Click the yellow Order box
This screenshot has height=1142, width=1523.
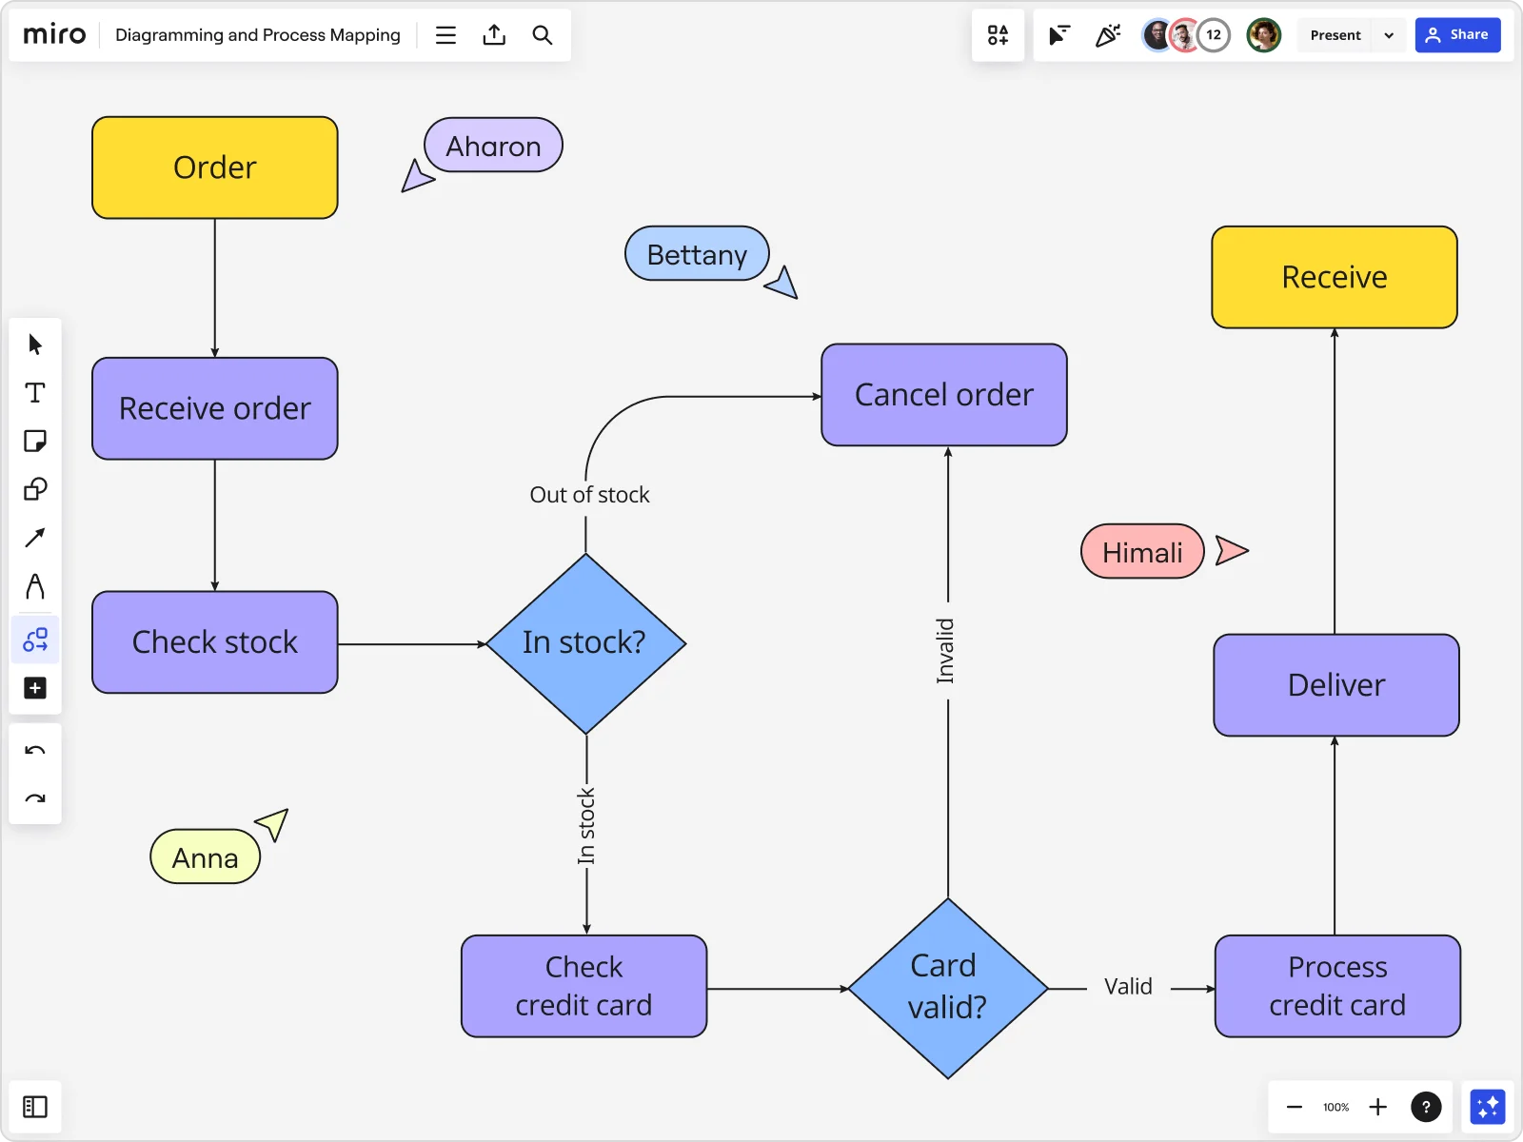click(x=215, y=167)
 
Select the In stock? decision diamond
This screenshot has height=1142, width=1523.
click(x=585, y=643)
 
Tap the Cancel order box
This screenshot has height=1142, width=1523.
click(x=943, y=395)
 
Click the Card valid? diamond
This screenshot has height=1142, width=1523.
click(x=947, y=988)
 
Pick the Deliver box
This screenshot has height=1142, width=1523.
click(x=1335, y=685)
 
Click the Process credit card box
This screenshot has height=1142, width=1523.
click(x=1336, y=986)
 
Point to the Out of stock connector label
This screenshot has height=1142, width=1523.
click(x=589, y=495)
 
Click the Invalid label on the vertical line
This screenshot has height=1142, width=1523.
click(x=945, y=651)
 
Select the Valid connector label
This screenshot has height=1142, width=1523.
click(x=1128, y=987)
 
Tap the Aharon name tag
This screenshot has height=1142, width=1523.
click(x=493, y=146)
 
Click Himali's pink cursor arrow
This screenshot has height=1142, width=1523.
click(x=1231, y=550)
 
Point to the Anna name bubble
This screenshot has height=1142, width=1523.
click(x=205, y=857)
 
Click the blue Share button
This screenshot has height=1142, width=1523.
click(x=1457, y=35)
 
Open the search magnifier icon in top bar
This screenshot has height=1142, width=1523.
click(x=542, y=35)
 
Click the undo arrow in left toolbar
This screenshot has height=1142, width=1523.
click(x=35, y=751)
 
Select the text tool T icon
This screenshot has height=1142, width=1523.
click(x=35, y=393)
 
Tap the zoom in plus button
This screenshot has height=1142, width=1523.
click(x=1377, y=1107)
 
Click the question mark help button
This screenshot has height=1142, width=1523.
click(x=1425, y=1107)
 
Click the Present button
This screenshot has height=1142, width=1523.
click(x=1335, y=35)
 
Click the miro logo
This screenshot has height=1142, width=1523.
click(x=54, y=35)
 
